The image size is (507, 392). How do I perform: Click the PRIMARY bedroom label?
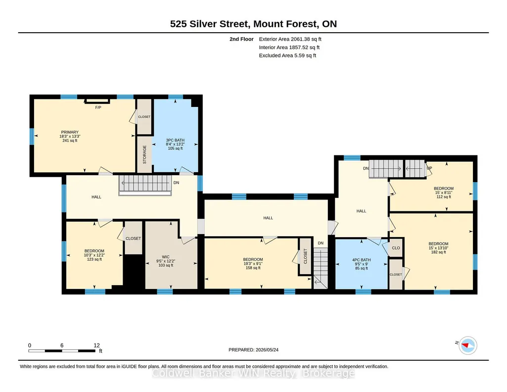click(x=70, y=132)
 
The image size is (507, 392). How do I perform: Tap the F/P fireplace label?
click(x=98, y=107)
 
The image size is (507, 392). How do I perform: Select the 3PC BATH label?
click(x=175, y=141)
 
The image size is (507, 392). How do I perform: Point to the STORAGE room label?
click(x=144, y=154)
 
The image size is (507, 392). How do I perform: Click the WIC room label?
click(x=166, y=257)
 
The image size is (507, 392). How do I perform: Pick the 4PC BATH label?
click(x=362, y=260)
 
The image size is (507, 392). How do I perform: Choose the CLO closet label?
click(x=396, y=248)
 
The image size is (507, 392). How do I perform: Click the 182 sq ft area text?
click(x=438, y=252)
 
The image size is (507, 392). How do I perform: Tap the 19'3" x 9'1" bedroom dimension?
click(x=253, y=264)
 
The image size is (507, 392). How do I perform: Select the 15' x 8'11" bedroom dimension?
click(x=444, y=193)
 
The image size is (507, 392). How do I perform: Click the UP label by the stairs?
click(x=429, y=168)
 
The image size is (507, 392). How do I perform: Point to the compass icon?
click(x=468, y=345)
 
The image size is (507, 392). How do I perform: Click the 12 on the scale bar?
click(x=96, y=345)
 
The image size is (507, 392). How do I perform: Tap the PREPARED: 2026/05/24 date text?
click(x=253, y=349)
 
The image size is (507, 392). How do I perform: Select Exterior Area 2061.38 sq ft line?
click(x=290, y=39)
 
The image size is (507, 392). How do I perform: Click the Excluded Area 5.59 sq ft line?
click(x=287, y=55)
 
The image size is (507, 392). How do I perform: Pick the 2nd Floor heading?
click(x=241, y=39)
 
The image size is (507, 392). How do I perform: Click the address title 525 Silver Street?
click(x=210, y=24)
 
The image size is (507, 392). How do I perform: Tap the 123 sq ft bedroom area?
click(x=94, y=259)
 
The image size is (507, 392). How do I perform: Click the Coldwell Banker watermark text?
click(x=253, y=373)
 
